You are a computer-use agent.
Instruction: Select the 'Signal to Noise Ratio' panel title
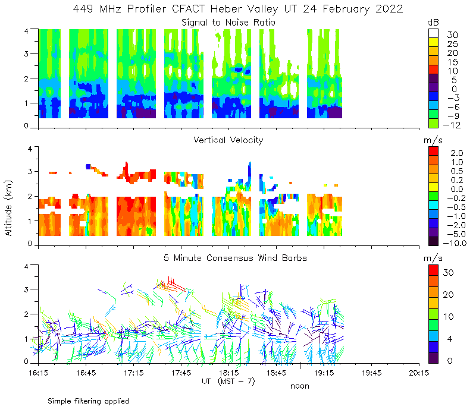click(228, 23)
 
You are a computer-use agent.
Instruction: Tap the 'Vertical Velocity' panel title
click(228, 140)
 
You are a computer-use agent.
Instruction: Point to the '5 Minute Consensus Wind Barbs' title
click(228, 258)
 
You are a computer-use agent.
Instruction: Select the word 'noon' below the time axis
click(299, 386)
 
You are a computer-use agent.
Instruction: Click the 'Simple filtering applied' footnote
click(88, 401)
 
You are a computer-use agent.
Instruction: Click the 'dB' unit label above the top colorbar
click(433, 22)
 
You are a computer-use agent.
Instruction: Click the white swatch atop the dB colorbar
click(434, 34)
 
